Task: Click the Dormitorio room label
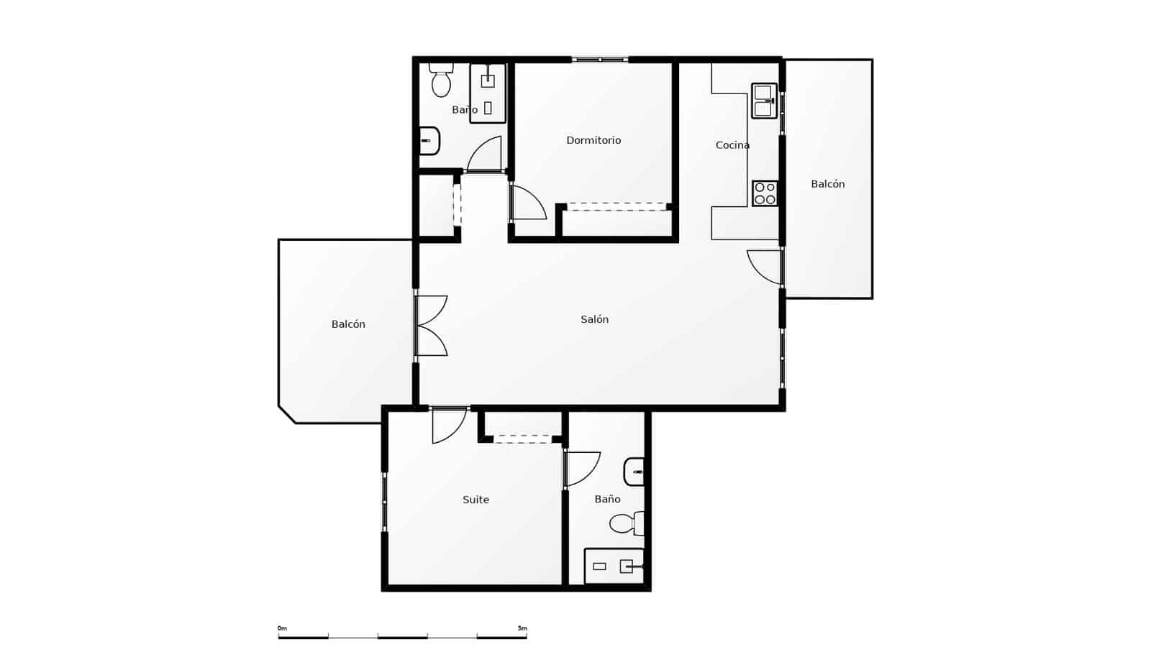593,140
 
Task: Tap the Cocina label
732,145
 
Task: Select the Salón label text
594,319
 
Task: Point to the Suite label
476,500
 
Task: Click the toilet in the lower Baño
625,523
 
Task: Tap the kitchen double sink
764,101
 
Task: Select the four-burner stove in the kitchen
765,193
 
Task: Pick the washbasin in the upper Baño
429,141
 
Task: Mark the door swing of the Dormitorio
528,203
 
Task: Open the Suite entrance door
448,426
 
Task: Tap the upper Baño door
484,155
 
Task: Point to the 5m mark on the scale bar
522,628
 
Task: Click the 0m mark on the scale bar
282,628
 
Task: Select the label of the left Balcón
348,324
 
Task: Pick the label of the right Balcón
827,184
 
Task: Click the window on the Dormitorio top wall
600,60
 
